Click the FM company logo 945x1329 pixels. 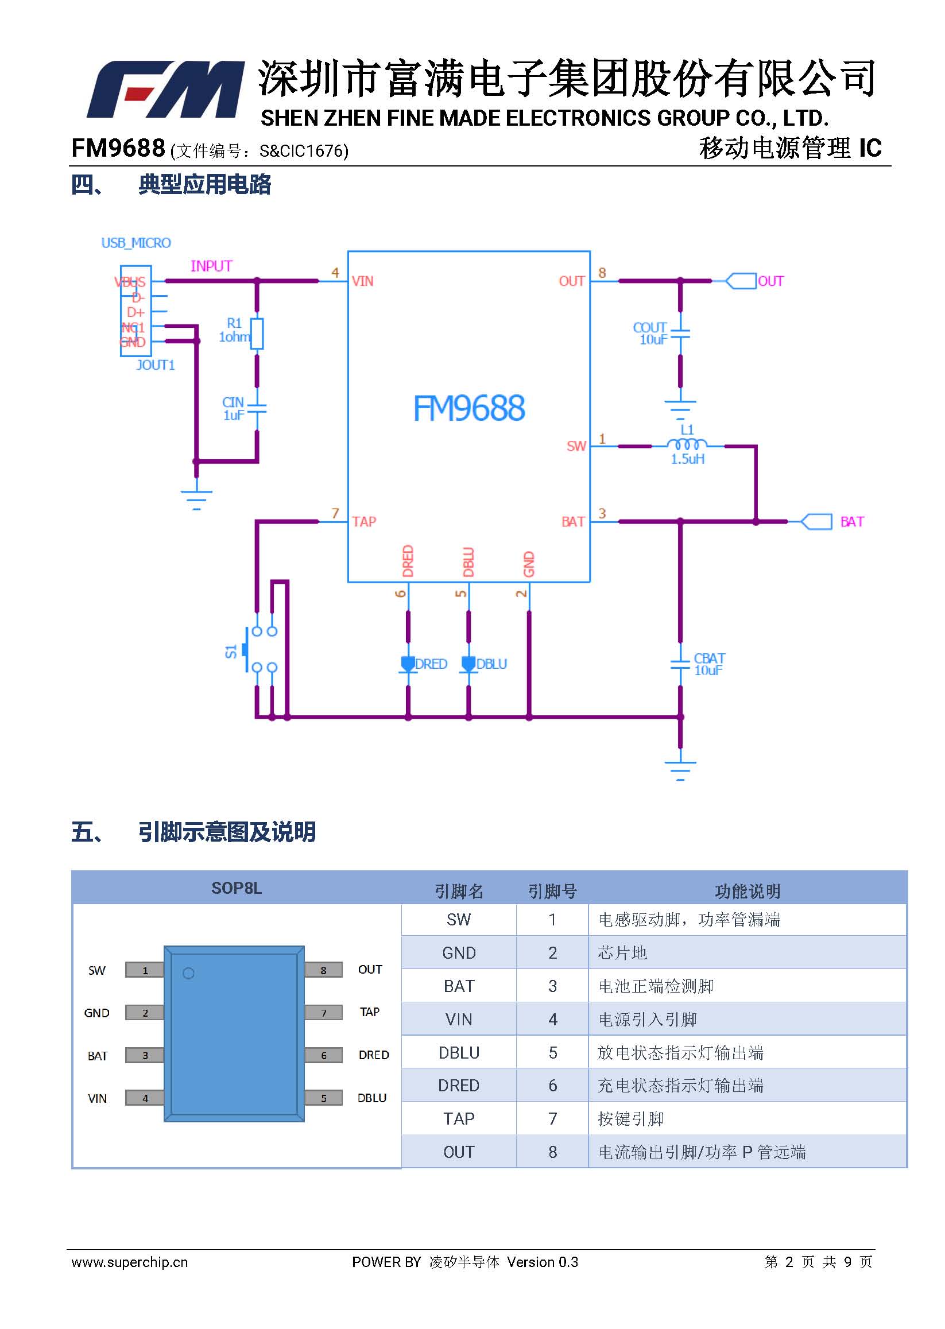click(x=165, y=89)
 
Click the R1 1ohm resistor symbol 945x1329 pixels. click(x=257, y=334)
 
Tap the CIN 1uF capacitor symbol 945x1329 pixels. click(x=257, y=409)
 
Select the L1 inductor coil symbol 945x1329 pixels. click(x=687, y=445)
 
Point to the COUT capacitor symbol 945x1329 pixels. click(x=680, y=334)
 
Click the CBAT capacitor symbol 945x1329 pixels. click(x=680, y=664)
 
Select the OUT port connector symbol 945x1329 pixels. click(x=741, y=281)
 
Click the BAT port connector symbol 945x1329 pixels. click(x=816, y=521)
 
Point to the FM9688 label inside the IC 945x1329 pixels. click(x=469, y=408)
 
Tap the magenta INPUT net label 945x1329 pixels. click(x=211, y=266)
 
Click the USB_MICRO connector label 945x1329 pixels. click(x=136, y=243)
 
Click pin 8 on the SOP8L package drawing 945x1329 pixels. click(x=324, y=970)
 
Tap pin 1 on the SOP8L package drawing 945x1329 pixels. click(x=145, y=970)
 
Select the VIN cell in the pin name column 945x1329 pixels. click(x=459, y=1019)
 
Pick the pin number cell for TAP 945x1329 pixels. click(x=552, y=1118)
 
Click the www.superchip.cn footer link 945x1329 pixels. click(x=130, y=1262)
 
